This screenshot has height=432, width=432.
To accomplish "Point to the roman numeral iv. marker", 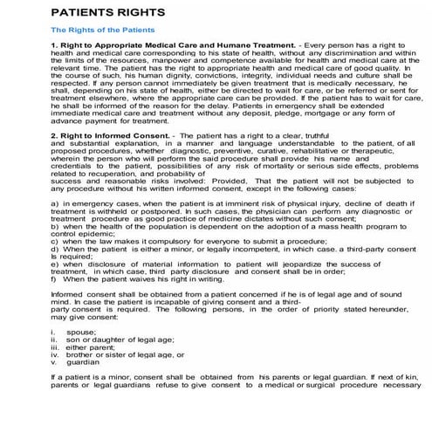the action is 55,362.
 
